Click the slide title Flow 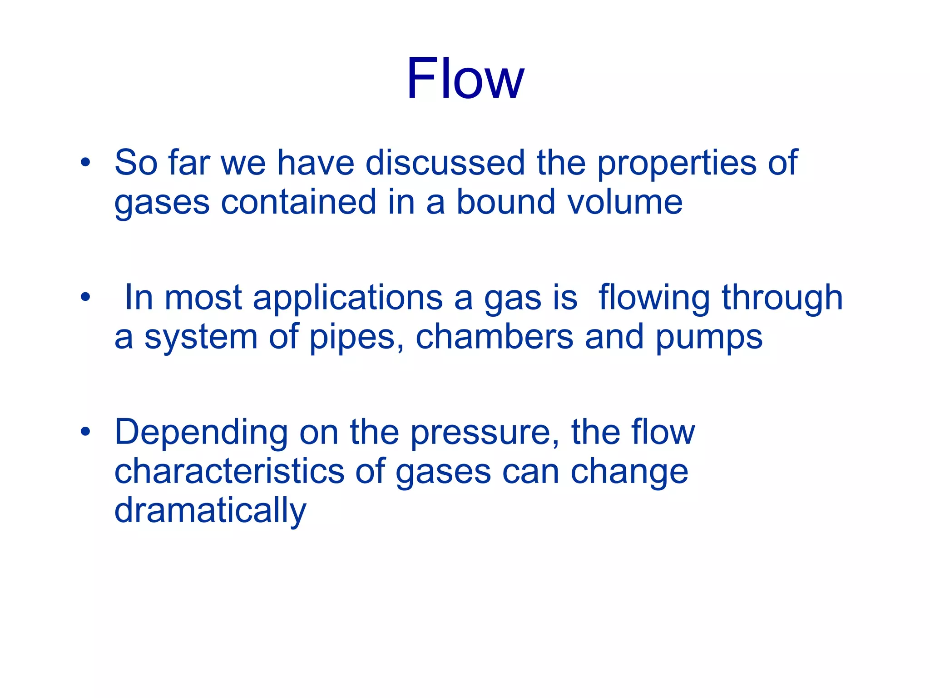click(x=465, y=78)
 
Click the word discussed click(x=445, y=162)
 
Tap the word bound click(x=505, y=202)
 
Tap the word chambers click(x=495, y=337)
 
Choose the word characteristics click(x=229, y=471)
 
